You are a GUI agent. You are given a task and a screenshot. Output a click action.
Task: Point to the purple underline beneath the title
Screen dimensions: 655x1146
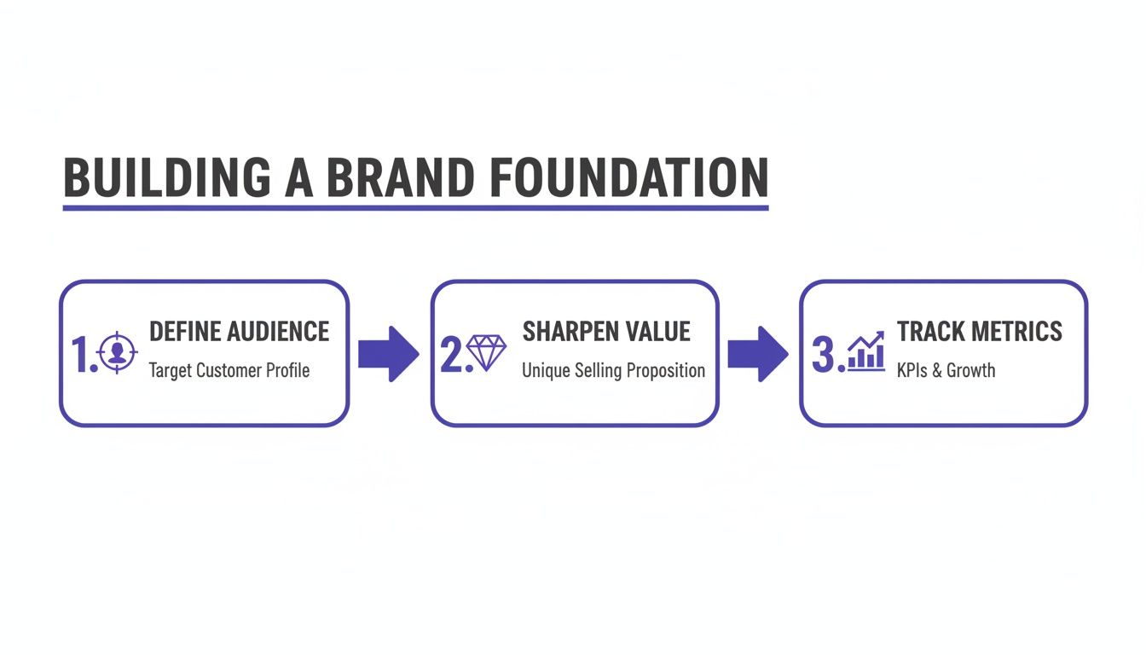(415, 207)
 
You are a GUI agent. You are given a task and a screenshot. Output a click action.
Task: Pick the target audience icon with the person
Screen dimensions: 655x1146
(118, 354)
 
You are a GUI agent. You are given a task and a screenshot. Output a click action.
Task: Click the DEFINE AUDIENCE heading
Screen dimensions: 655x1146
(239, 331)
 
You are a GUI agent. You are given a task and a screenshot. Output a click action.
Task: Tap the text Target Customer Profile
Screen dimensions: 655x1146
(229, 371)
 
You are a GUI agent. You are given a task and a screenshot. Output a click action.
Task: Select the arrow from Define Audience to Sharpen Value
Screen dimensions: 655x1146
(388, 353)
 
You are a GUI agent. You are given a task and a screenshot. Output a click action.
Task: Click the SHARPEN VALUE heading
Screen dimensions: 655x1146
(606, 331)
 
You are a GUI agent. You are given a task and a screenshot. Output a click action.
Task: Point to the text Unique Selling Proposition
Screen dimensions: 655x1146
(613, 371)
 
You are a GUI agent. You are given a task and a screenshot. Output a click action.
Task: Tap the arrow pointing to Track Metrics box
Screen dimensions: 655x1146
(757, 353)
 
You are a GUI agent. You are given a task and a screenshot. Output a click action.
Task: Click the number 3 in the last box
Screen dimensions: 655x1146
(823, 354)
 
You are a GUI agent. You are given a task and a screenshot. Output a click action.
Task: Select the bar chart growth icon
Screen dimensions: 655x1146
(865, 351)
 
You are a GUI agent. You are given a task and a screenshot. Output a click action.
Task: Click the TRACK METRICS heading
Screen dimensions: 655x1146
(980, 331)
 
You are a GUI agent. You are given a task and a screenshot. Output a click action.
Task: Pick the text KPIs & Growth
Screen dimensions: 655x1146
(946, 371)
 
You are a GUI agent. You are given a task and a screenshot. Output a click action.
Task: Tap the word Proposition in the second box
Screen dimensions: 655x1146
(666, 371)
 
